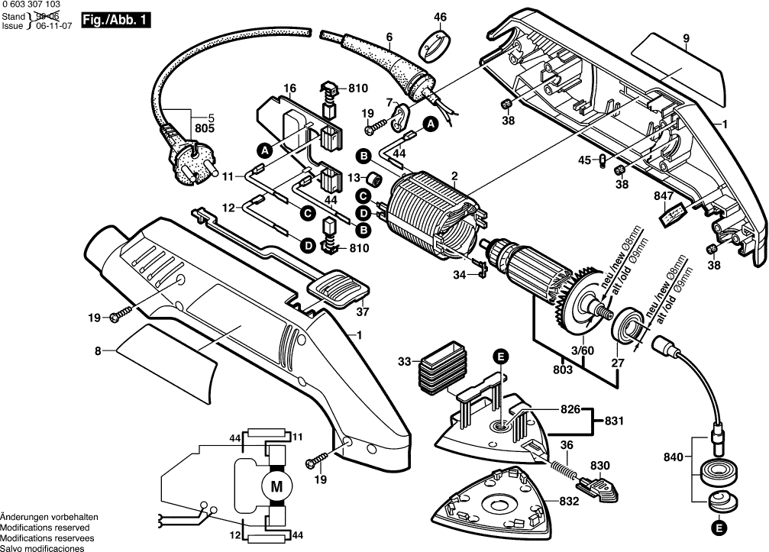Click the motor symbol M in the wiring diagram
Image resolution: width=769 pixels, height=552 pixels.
pos(276,485)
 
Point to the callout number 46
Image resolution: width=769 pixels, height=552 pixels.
pos(441,17)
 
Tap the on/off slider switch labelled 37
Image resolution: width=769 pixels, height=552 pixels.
pos(338,291)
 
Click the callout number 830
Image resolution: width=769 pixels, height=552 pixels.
pos(600,465)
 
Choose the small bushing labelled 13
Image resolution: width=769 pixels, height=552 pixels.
pos(374,179)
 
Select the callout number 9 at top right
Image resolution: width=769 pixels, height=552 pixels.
pos(687,38)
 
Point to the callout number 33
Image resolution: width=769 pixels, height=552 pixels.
pos(405,360)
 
